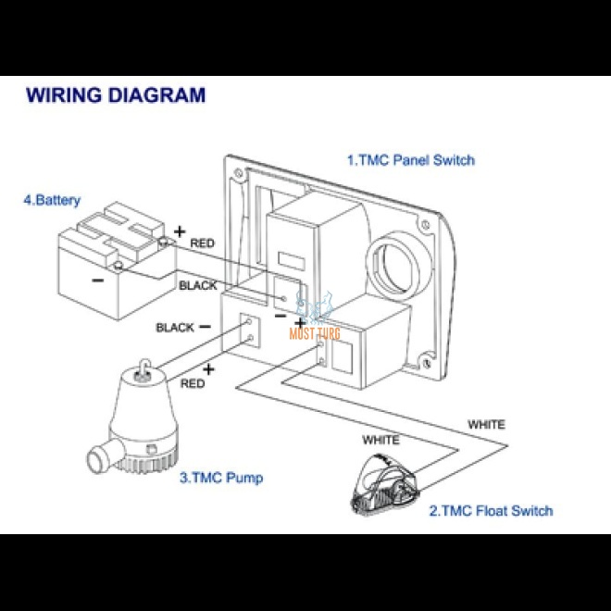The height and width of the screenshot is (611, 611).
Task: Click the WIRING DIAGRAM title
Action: coord(116,94)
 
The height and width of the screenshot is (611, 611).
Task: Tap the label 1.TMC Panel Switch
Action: coord(410,160)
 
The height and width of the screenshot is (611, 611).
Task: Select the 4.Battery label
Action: coord(52,200)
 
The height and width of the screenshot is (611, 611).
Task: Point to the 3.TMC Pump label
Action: coord(221,478)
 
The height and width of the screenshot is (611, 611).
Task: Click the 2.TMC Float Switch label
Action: coord(490,510)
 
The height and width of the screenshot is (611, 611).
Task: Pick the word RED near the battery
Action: coord(202,243)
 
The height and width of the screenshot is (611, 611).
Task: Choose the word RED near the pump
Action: coord(193,383)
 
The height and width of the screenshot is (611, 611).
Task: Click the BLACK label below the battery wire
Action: coord(197,286)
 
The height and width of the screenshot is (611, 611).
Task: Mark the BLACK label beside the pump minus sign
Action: coord(175,328)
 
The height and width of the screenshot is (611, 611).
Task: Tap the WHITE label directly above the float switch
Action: coord(380,440)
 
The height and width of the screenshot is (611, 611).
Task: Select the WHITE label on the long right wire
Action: coord(486,425)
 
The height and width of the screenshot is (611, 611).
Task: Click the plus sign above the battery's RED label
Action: coord(179,231)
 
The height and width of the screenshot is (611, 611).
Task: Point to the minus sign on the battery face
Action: coord(96,281)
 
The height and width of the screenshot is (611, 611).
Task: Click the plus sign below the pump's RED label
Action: coord(208,369)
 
